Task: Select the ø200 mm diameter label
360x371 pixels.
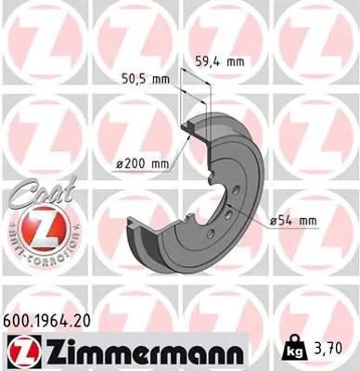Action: (143, 164)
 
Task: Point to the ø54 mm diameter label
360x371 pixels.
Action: (294, 220)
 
